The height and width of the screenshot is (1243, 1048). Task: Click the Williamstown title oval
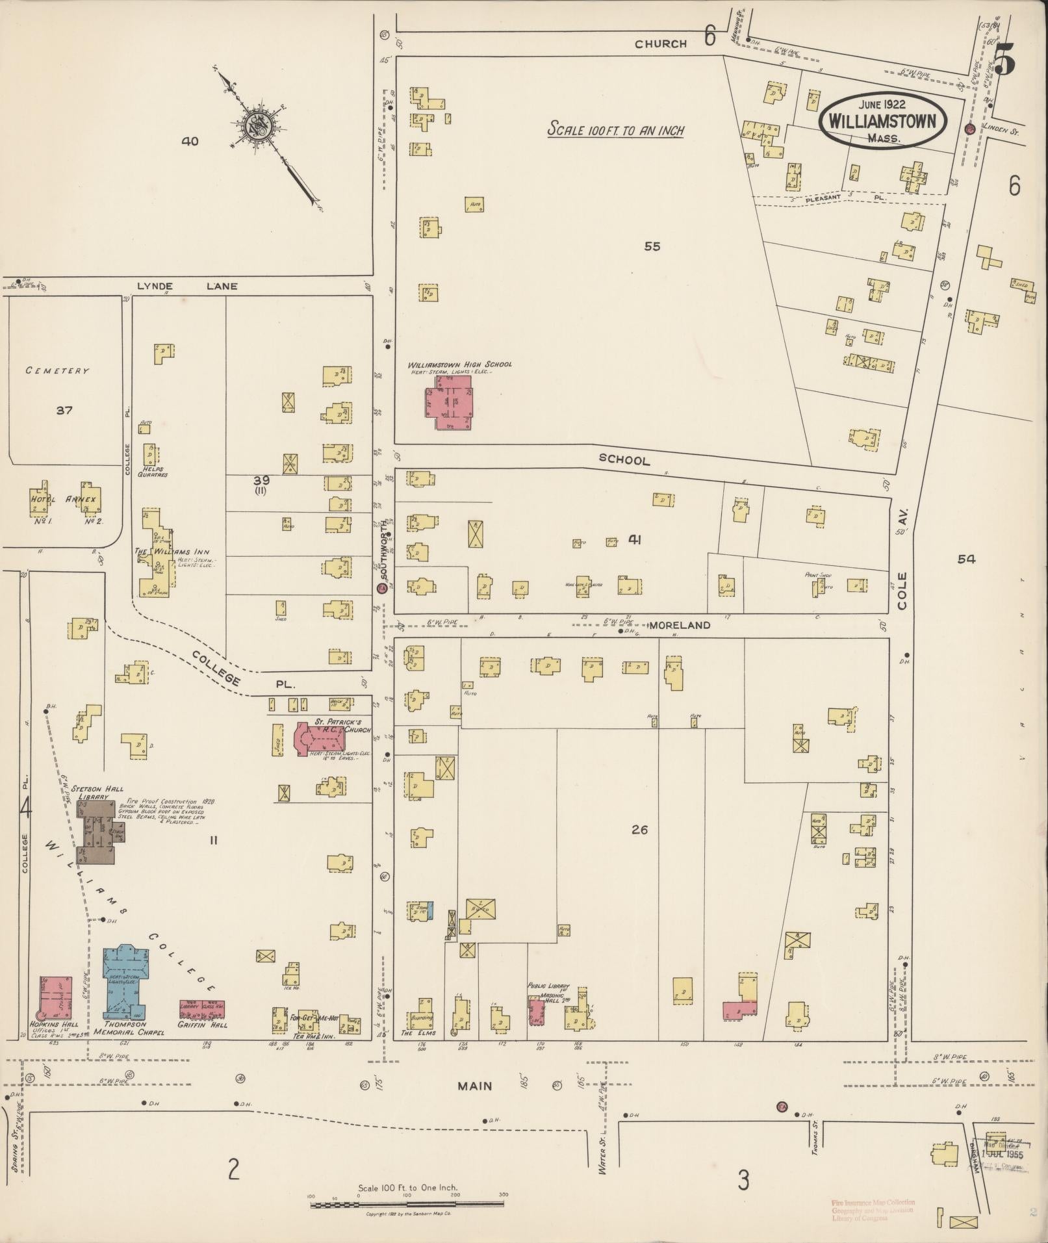point(882,121)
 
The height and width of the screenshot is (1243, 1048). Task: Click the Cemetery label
point(57,370)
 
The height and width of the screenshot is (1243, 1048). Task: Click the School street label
point(624,460)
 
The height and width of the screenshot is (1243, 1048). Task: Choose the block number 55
point(652,246)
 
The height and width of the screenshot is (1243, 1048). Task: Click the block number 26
point(639,830)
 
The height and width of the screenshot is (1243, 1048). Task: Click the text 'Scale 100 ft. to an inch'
point(615,129)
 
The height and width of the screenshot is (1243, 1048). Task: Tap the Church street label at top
point(660,44)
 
